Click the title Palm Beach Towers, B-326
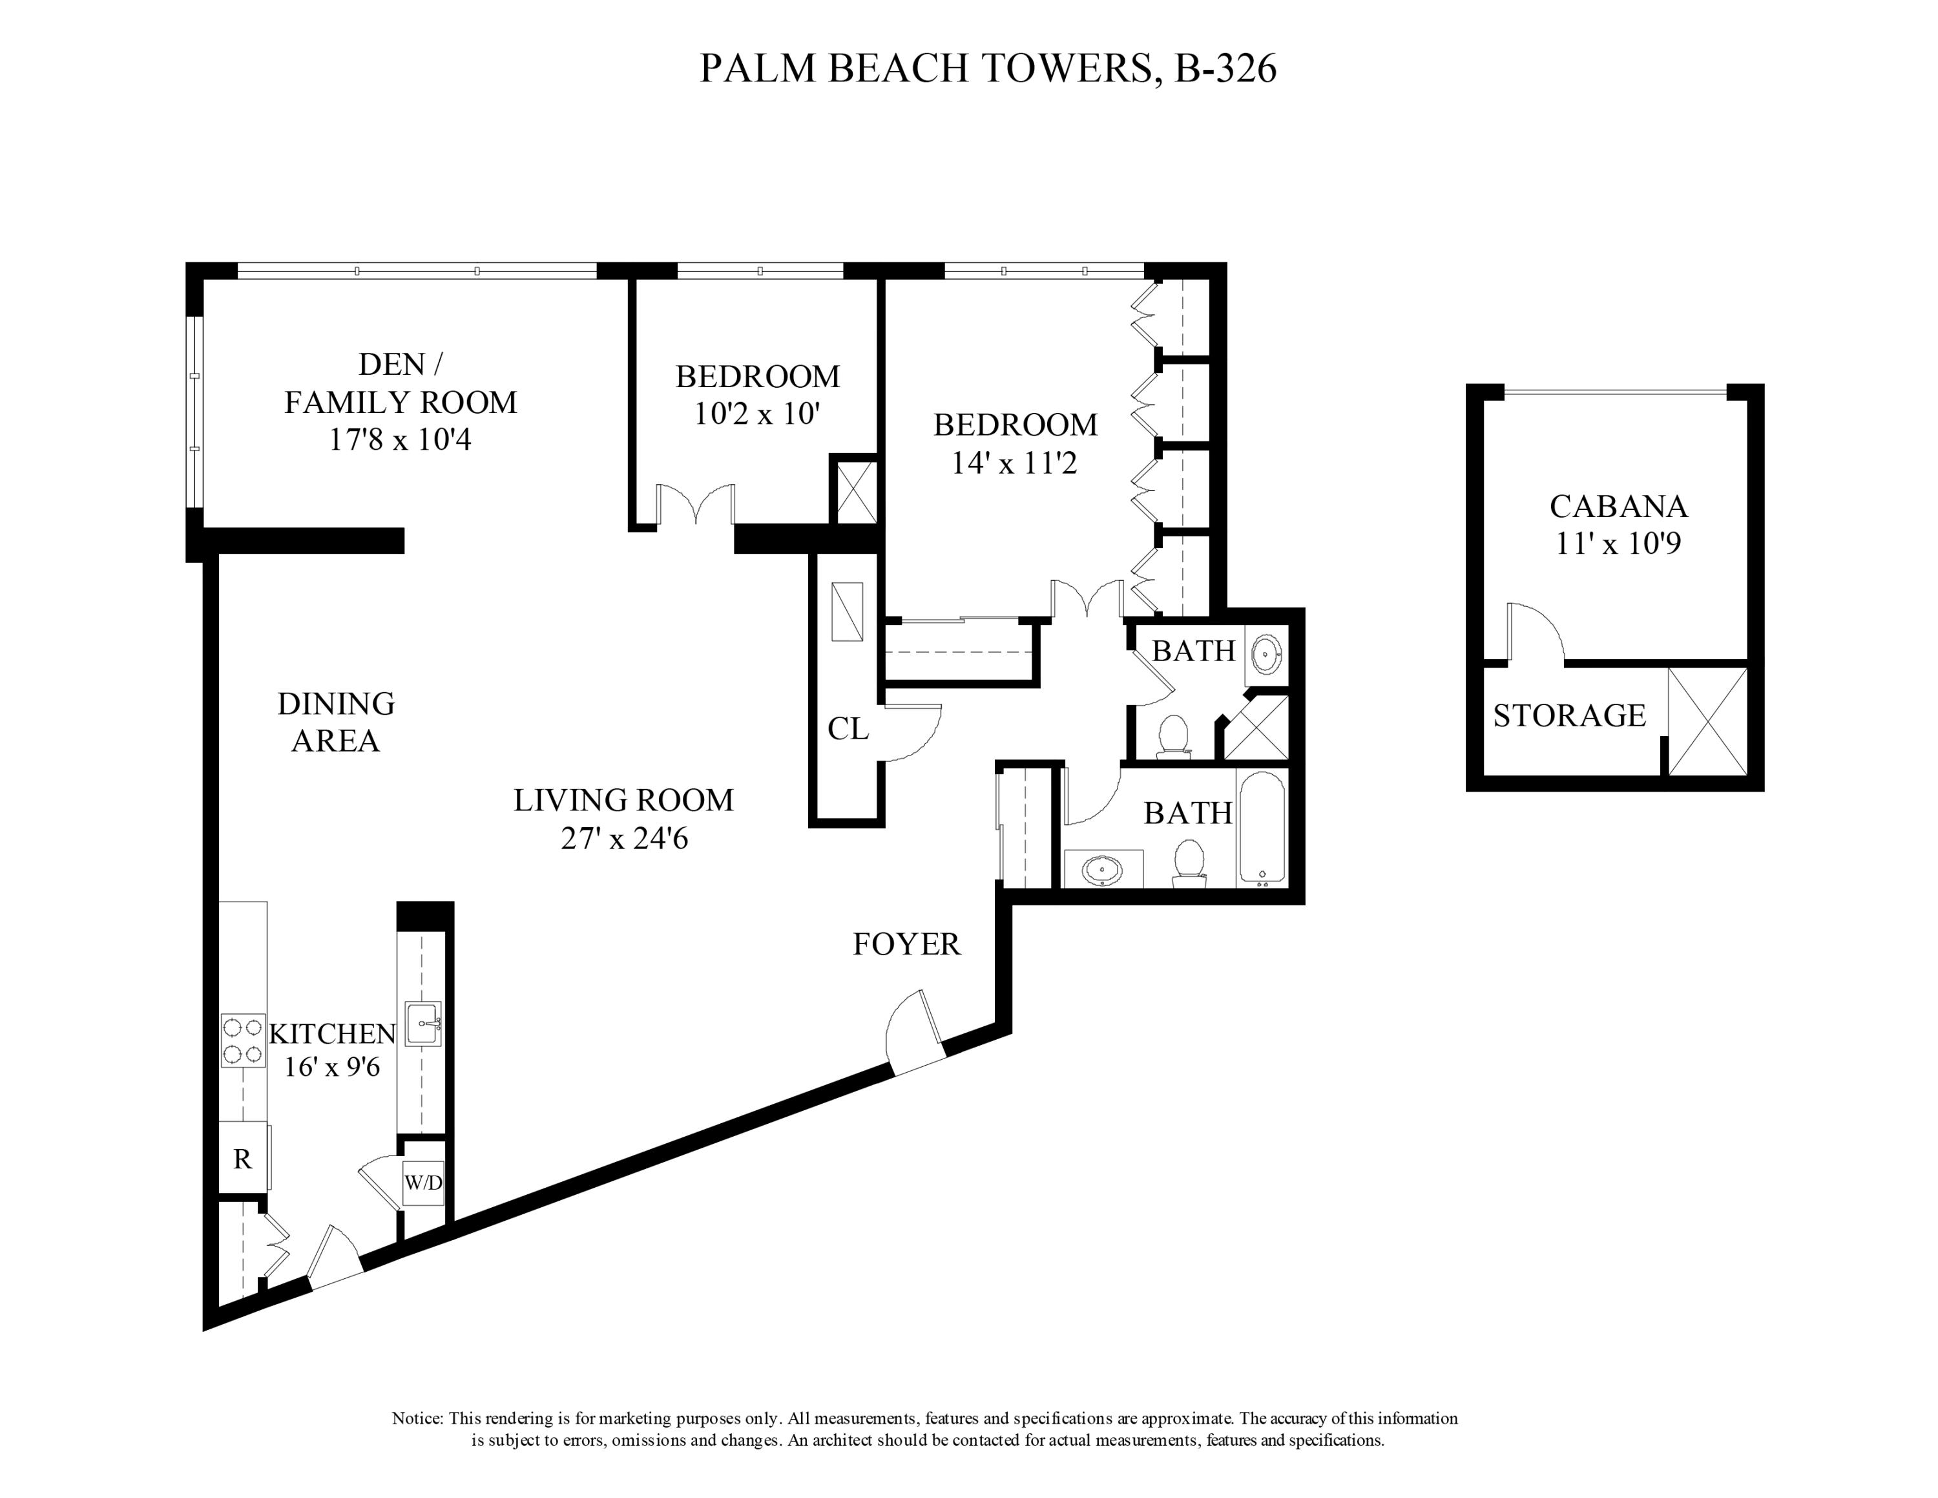(x=988, y=69)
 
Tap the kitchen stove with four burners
(x=242, y=1041)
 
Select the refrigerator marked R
(x=242, y=1159)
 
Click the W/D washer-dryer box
(x=423, y=1183)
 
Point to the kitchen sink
(x=423, y=1024)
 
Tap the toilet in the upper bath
(x=1174, y=735)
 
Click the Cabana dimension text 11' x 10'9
(x=1618, y=543)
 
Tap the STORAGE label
(x=1569, y=715)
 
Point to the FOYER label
(x=906, y=944)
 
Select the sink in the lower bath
(x=1103, y=870)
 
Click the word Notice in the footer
(x=417, y=1418)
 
